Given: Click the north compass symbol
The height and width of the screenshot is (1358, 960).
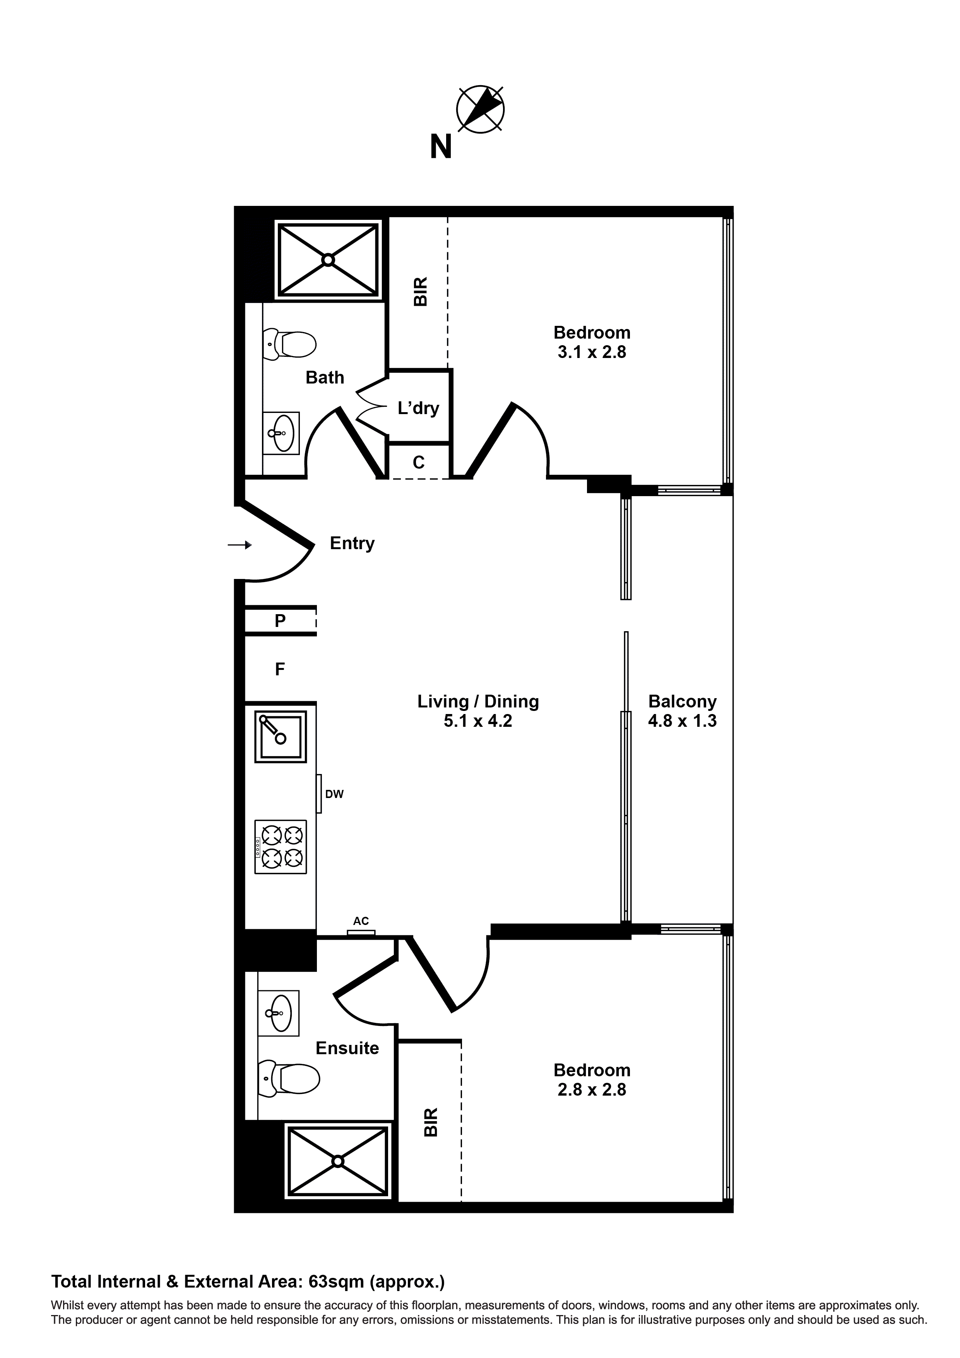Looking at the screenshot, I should [x=480, y=110].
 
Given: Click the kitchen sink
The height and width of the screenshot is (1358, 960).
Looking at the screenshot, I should [x=281, y=736].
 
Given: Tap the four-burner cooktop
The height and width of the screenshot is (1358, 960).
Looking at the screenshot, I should [x=281, y=846].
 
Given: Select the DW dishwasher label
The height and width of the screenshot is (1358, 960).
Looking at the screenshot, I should [x=334, y=794].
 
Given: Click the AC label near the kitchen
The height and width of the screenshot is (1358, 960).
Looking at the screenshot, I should [x=361, y=921].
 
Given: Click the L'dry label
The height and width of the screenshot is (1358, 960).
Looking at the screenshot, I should [x=418, y=408].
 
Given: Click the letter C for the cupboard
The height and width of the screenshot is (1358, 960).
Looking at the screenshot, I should [x=419, y=462].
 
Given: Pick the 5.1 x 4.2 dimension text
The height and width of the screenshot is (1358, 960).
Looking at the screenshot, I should [x=478, y=721].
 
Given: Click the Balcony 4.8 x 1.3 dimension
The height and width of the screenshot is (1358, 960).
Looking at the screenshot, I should [x=682, y=721].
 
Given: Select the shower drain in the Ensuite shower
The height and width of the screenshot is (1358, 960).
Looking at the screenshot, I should [x=338, y=1161].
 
